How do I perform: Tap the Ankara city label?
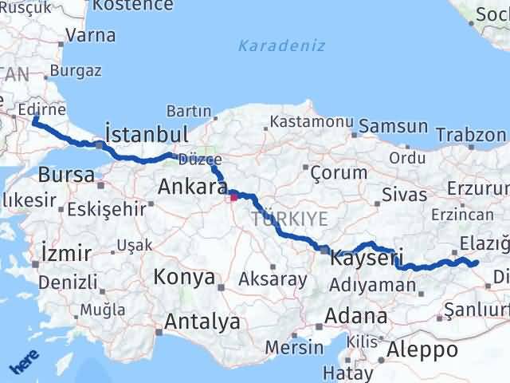[194, 187]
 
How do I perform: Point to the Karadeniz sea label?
[284, 45]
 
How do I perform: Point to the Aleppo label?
[422, 349]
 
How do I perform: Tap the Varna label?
[90, 35]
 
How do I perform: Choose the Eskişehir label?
[106, 209]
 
